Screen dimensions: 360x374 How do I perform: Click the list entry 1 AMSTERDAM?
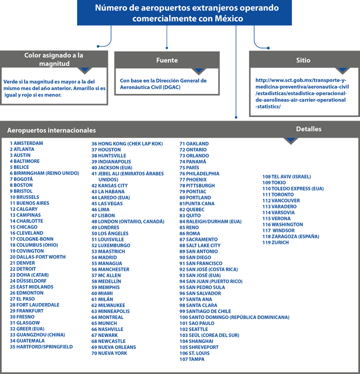[x=26, y=143]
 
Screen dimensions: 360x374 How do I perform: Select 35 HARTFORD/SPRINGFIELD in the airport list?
[x=41, y=347]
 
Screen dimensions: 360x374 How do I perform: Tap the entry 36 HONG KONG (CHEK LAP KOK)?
[x=127, y=144]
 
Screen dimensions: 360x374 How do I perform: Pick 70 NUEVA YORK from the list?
[x=109, y=353]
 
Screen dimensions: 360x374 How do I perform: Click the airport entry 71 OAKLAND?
[x=194, y=144]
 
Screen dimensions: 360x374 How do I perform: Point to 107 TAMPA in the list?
[x=192, y=359]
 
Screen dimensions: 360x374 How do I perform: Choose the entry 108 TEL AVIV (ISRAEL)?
[x=287, y=176]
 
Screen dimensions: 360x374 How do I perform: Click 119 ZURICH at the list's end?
[x=275, y=242]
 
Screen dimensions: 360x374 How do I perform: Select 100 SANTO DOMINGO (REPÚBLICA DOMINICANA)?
[x=234, y=317]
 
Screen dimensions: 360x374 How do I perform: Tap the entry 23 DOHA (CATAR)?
[x=29, y=275]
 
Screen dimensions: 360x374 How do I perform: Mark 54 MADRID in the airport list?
[x=104, y=257]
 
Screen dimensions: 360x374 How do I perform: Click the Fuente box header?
[x=167, y=60]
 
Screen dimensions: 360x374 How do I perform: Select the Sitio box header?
[x=303, y=60]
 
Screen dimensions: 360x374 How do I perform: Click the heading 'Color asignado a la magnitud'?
[x=54, y=59]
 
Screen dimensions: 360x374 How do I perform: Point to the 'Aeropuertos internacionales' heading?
[x=51, y=130]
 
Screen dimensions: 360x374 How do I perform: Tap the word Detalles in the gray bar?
[x=308, y=129]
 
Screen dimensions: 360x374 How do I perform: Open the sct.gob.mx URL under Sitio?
[x=302, y=93]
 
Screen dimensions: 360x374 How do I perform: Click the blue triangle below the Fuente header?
[x=198, y=70]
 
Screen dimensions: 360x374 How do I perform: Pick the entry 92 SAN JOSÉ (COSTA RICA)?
[x=208, y=269]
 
